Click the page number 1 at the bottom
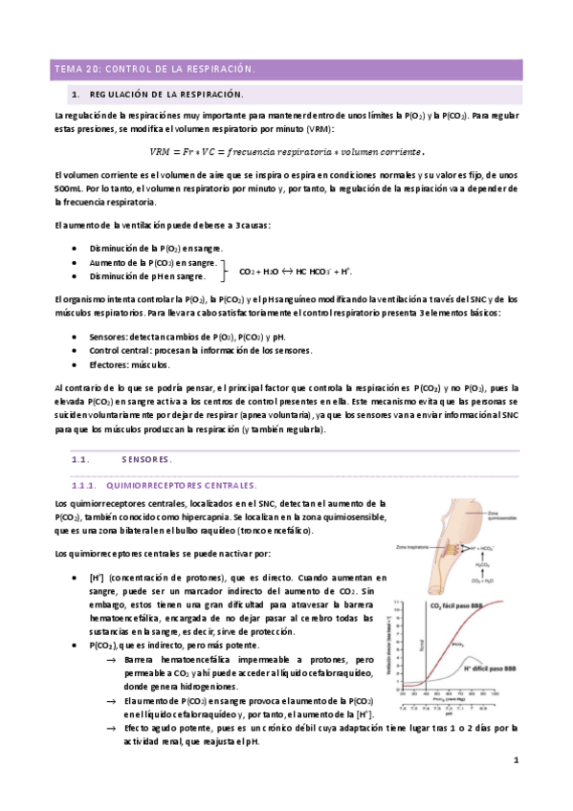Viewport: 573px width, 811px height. (x=515, y=760)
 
